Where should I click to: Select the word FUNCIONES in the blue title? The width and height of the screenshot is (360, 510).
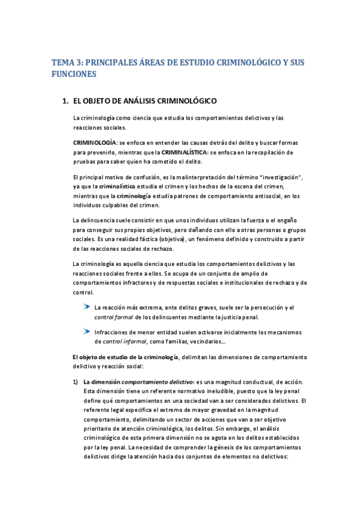(74, 75)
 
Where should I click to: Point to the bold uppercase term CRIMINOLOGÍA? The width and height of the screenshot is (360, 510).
(95, 142)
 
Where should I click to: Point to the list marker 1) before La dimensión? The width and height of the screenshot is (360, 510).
(75, 381)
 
